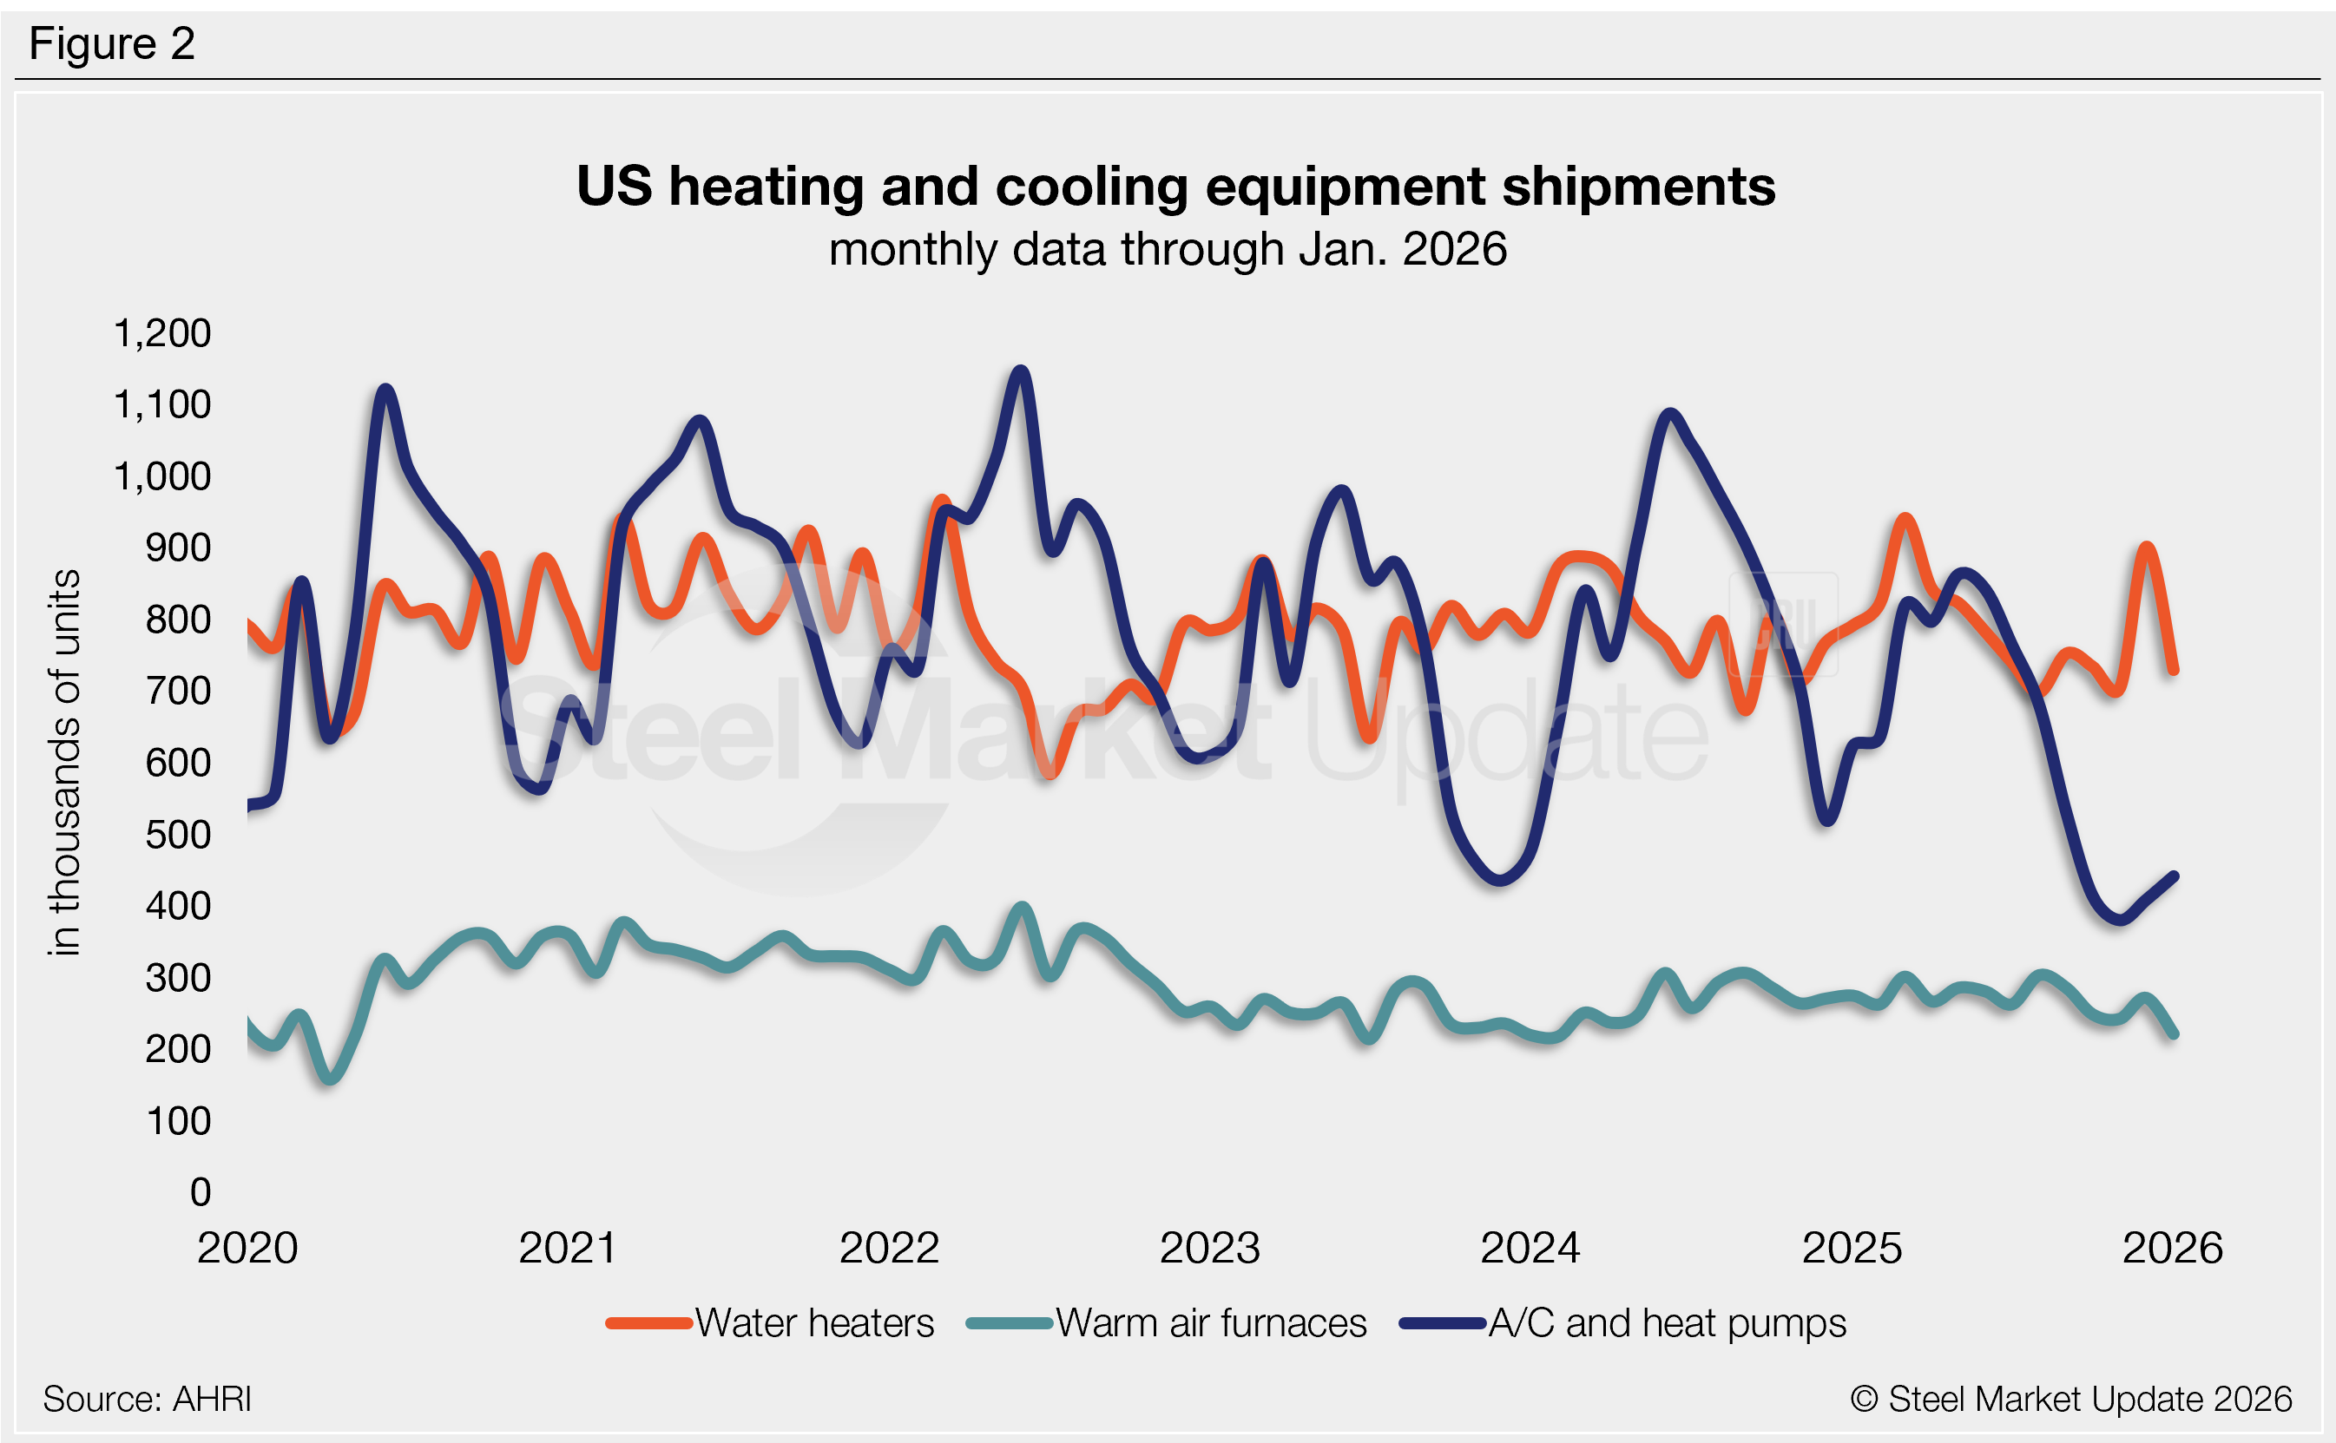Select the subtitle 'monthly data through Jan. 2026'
pos(1168,249)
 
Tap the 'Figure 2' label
pos(112,44)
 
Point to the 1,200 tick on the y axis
pos(162,333)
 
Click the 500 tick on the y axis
pos(178,834)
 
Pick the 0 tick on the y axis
pos(201,1191)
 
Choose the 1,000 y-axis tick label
pos(162,476)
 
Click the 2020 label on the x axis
pos(247,1248)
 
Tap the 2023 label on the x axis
pos(1209,1248)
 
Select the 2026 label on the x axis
pos(2172,1248)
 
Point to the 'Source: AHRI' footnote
pos(147,1399)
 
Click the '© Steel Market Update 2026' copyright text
pos(2070,1399)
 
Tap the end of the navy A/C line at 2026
pos(2175,876)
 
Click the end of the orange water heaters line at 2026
pos(2175,671)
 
